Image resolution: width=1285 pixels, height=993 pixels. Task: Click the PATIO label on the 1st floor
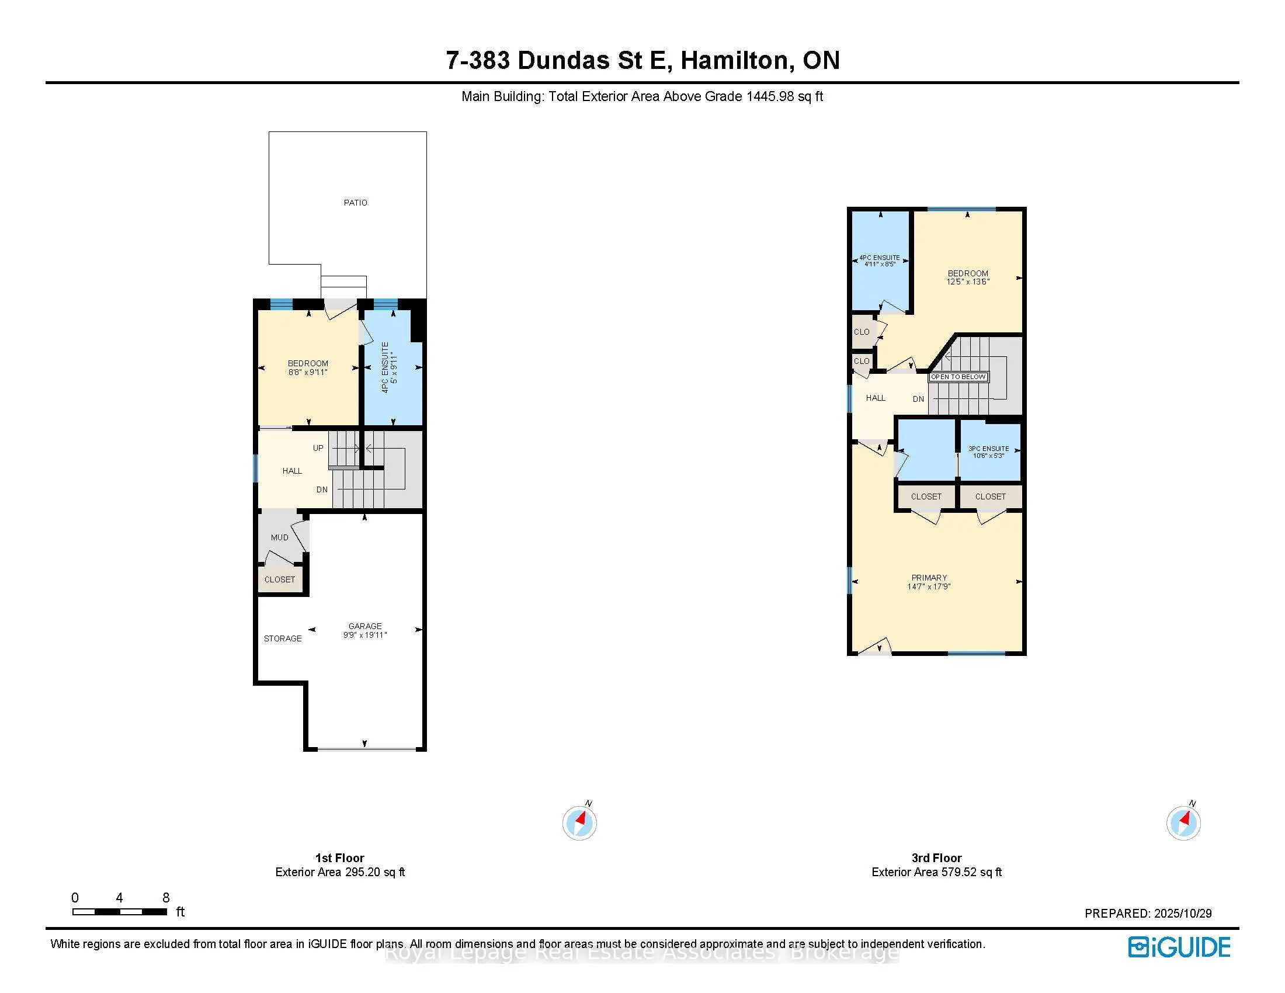point(355,203)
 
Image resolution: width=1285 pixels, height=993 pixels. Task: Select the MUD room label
point(279,537)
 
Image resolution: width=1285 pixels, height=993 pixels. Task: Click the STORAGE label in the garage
point(283,638)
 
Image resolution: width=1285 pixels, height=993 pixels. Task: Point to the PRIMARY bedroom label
point(929,578)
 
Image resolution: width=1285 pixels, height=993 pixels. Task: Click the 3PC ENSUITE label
point(988,449)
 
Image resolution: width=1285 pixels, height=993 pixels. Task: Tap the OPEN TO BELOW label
point(958,377)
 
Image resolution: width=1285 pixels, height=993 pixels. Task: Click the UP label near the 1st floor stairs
point(318,448)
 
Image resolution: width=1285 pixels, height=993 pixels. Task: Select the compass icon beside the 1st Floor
point(579,822)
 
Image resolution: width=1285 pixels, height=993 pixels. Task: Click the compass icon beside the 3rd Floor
point(1183,822)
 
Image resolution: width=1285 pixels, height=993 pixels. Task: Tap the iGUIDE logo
point(1179,947)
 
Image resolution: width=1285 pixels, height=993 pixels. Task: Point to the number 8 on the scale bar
point(166,898)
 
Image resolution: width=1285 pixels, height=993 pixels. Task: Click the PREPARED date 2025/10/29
point(1183,914)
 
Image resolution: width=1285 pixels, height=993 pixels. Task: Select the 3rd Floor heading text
point(936,858)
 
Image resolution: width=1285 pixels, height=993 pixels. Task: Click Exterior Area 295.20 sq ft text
point(340,873)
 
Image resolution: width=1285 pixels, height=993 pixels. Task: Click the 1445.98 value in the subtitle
point(770,96)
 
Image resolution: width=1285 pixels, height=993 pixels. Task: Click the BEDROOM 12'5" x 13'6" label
point(968,277)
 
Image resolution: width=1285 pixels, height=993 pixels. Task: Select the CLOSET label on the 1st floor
point(279,580)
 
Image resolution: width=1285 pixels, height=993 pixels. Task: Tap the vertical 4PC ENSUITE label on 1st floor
point(385,367)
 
